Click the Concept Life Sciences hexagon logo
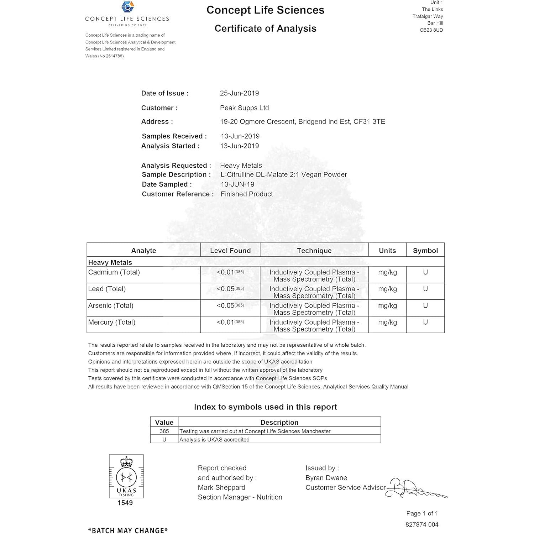click(128, 7)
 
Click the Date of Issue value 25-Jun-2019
click(239, 93)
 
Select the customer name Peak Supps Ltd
click(244, 108)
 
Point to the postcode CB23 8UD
click(431, 30)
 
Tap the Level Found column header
click(230, 251)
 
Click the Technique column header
click(314, 251)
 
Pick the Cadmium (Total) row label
click(114, 272)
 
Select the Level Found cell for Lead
click(230, 289)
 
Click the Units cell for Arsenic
click(387, 305)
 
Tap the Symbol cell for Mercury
click(425, 322)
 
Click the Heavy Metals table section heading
click(110, 262)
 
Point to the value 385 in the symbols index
click(164, 431)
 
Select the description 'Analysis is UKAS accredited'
click(214, 440)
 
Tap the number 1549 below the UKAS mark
click(125, 503)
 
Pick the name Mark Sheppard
click(221, 487)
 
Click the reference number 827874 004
click(422, 524)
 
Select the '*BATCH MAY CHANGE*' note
click(128, 530)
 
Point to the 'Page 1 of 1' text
click(422, 513)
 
